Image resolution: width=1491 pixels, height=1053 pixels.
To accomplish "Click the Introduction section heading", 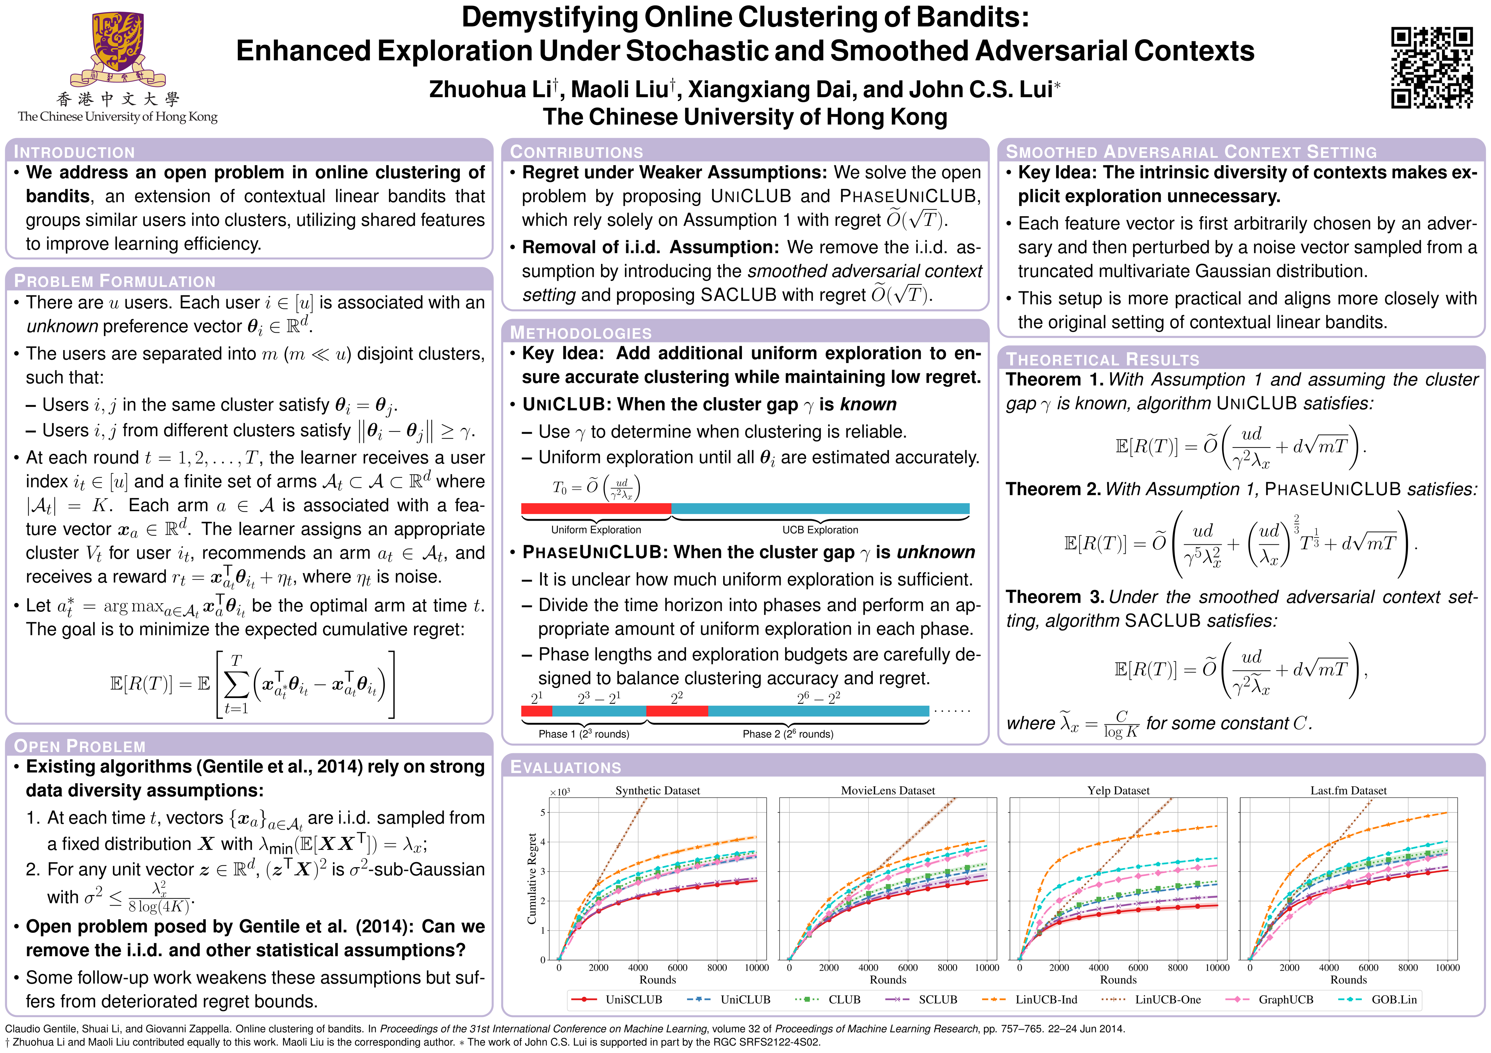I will pyautogui.click(x=75, y=152).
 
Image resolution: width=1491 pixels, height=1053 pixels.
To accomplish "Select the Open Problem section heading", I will pyautogui.click(x=80, y=746).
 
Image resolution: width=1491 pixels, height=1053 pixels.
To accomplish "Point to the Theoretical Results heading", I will pyautogui.click(x=1103, y=360).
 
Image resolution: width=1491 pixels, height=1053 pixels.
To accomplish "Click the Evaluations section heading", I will pyautogui.click(x=566, y=767).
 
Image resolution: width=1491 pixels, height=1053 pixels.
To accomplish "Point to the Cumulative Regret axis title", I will pyautogui.click(x=532, y=878).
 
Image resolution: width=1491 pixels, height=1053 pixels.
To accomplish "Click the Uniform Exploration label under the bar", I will pyautogui.click(x=596, y=530).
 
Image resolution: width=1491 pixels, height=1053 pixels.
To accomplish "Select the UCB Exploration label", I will pyautogui.click(x=820, y=530).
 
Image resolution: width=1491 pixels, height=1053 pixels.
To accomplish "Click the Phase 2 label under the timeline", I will pyautogui.click(x=788, y=734).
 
